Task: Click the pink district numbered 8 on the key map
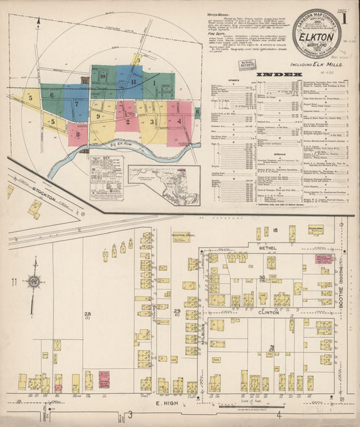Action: point(78,134)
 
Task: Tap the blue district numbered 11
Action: point(134,82)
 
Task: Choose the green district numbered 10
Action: point(103,76)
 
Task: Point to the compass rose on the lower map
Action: point(34,282)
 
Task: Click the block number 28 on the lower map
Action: point(87,313)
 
